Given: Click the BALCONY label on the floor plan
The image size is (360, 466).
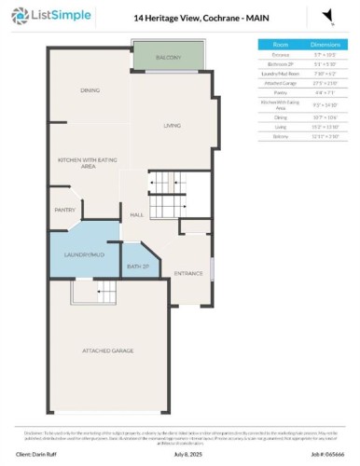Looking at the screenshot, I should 168,58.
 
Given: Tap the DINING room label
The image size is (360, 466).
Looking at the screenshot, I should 90,90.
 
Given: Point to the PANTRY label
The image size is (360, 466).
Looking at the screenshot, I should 65,210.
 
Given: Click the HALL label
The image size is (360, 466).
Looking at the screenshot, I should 136,215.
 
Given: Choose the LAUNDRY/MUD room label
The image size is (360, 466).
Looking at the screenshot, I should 84,254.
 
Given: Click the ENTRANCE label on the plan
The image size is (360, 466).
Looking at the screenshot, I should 188,273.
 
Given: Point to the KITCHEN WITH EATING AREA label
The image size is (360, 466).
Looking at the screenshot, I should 90,163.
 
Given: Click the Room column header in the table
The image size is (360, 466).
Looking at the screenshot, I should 281,44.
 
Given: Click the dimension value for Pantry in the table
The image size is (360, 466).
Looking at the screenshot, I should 325,93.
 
